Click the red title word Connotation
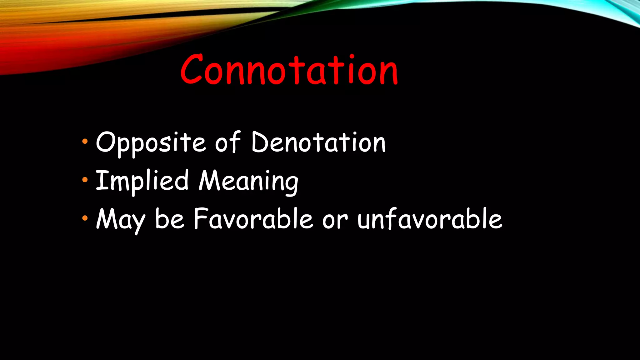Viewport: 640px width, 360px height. click(x=289, y=70)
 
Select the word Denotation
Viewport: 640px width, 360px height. click(x=318, y=142)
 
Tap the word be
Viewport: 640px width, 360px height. click(x=170, y=219)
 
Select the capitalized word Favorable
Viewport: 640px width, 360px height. click(x=253, y=219)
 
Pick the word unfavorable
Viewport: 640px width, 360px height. click(x=430, y=219)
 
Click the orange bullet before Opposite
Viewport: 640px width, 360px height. click(x=85, y=142)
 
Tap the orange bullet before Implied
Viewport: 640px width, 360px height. click(x=85, y=180)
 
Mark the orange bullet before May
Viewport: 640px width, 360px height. click(x=85, y=218)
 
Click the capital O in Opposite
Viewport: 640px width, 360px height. click(x=106, y=142)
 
